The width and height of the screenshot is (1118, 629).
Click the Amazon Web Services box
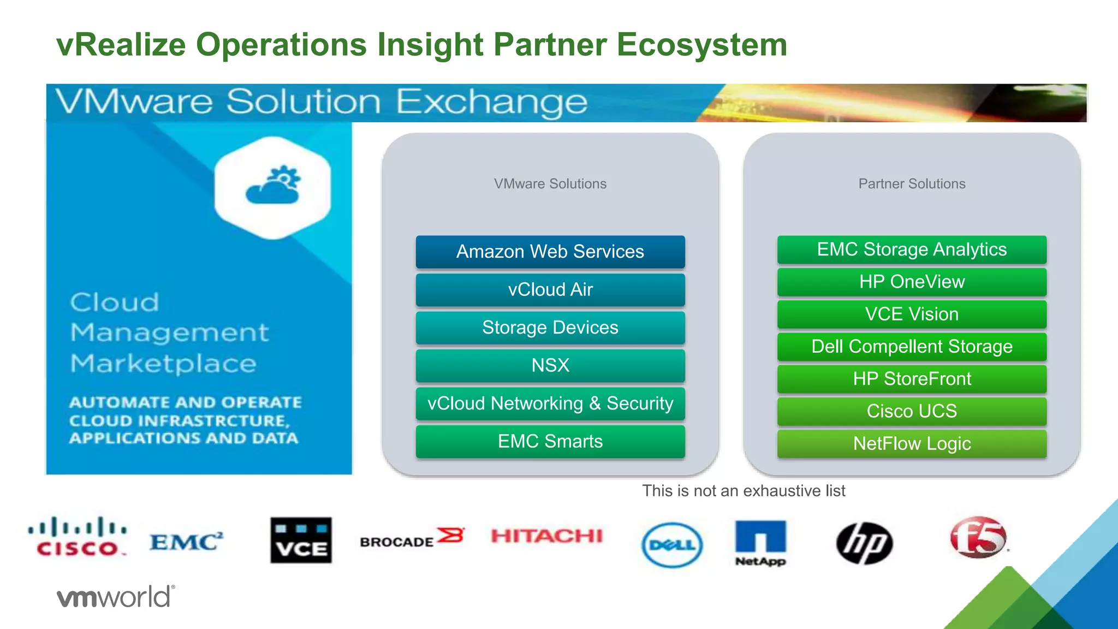550,252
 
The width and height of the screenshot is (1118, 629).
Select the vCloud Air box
550,289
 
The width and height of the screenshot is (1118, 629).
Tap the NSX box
550,365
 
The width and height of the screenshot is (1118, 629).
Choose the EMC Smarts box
550,441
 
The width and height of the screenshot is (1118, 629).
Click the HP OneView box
912,282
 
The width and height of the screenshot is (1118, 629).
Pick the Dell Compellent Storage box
912,347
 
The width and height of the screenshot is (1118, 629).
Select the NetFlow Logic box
912,443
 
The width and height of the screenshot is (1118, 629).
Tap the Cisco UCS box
912,411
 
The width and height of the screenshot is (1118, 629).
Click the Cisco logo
78,537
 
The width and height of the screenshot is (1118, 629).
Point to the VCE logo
301,540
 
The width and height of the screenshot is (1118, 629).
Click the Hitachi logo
546,536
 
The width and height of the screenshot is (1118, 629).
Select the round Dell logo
672,544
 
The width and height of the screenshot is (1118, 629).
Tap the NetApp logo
760,542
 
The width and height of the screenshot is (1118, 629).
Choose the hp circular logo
864,543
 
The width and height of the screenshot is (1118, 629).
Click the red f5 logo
978,537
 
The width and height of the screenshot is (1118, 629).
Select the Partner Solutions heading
912,184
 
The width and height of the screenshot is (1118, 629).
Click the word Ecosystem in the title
701,45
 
